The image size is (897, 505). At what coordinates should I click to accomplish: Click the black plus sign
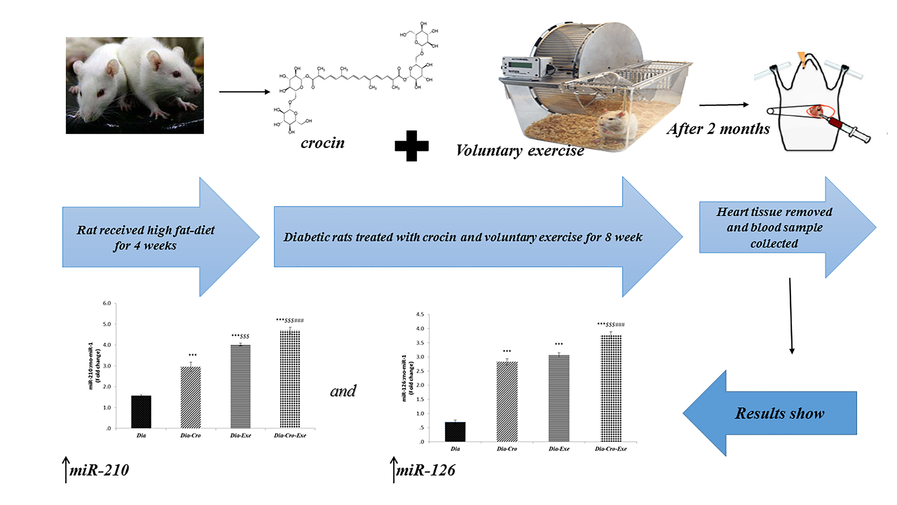click(411, 146)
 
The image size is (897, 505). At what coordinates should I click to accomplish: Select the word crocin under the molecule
click(322, 143)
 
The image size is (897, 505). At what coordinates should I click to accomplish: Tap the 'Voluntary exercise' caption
click(520, 151)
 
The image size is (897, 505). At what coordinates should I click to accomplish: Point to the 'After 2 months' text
click(718, 129)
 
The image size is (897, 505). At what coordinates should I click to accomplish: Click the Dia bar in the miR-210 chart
click(141, 412)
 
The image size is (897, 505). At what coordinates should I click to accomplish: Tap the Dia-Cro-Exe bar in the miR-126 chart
click(611, 388)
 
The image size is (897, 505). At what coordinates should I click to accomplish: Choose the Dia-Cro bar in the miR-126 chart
click(507, 402)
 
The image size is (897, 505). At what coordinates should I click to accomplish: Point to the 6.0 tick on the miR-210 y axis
click(107, 303)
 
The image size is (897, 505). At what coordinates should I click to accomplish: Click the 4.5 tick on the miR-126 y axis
click(420, 315)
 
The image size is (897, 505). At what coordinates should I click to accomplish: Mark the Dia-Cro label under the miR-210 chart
click(190, 435)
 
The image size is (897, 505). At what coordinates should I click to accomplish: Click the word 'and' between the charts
click(343, 391)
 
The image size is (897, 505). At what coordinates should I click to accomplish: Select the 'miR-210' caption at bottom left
click(99, 470)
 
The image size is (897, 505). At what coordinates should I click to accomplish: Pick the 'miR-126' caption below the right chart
click(426, 470)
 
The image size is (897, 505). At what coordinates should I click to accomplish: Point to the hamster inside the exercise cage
click(616, 125)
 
